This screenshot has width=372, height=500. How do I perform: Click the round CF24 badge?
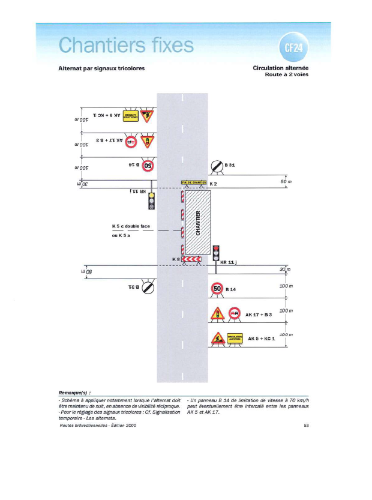tap(291, 47)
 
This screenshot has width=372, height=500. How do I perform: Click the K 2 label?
tap(212, 182)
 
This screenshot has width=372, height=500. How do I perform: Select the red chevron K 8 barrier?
tap(192, 259)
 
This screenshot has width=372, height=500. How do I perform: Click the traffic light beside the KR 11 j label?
tap(217, 253)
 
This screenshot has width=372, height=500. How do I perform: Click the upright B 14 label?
tap(231, 289)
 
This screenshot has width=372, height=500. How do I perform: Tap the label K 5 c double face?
tap(131, 226)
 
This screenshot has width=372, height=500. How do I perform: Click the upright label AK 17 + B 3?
tap(256, 314)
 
